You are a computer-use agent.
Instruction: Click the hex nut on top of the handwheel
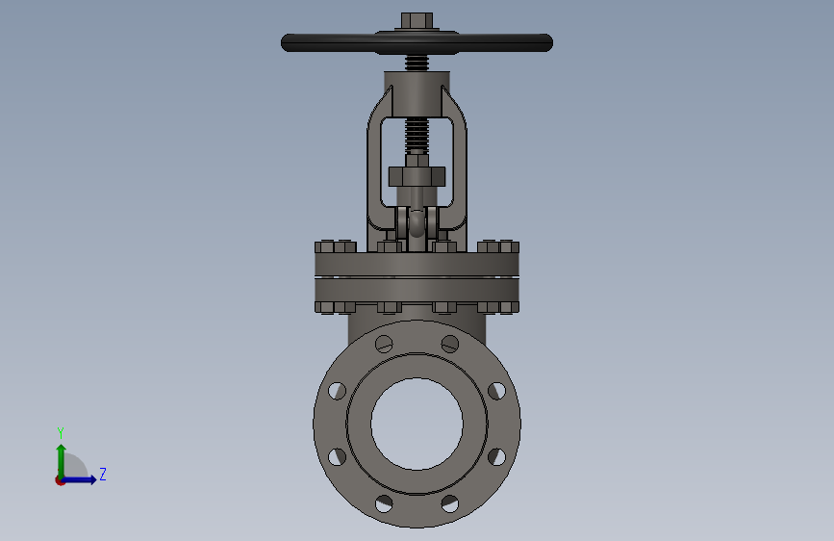pos(417,21)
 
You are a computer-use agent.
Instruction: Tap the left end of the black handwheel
pos(282,42)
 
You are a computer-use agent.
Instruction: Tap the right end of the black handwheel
pos(551,42)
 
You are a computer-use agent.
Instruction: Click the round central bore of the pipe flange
pos(417,424)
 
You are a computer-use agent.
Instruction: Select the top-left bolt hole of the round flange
pos(384,344)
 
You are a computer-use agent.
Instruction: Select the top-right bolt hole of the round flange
pos(450,344)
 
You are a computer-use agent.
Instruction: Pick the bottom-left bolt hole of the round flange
pos(384,503)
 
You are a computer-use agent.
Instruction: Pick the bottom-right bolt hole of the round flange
pos(450,503)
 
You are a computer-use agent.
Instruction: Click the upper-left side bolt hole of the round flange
pos(338,391)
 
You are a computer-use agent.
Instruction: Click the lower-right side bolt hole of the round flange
pos(496,457)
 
